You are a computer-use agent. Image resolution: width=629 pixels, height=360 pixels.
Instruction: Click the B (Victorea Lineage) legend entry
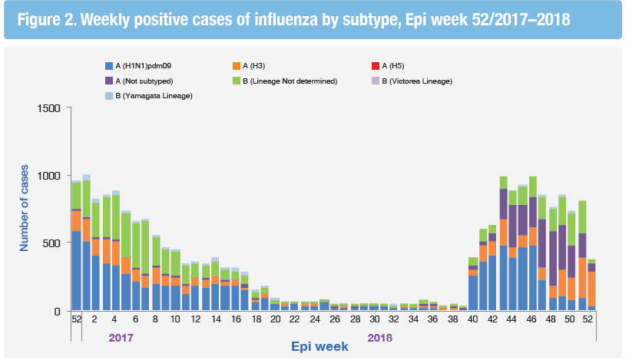420,81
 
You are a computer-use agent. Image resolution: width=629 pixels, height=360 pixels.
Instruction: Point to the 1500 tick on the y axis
48,107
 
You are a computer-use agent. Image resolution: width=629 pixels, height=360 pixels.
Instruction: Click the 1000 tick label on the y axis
48,176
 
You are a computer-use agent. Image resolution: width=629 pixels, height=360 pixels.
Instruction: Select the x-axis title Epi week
321,346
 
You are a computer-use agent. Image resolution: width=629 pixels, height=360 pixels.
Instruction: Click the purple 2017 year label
121,337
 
